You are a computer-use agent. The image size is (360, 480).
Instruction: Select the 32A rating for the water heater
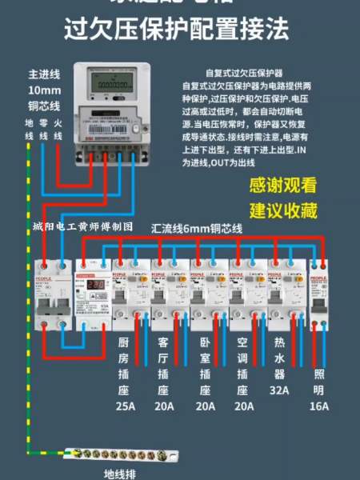(x=279, y=391)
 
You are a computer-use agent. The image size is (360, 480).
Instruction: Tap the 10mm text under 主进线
(x=42, y=90)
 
